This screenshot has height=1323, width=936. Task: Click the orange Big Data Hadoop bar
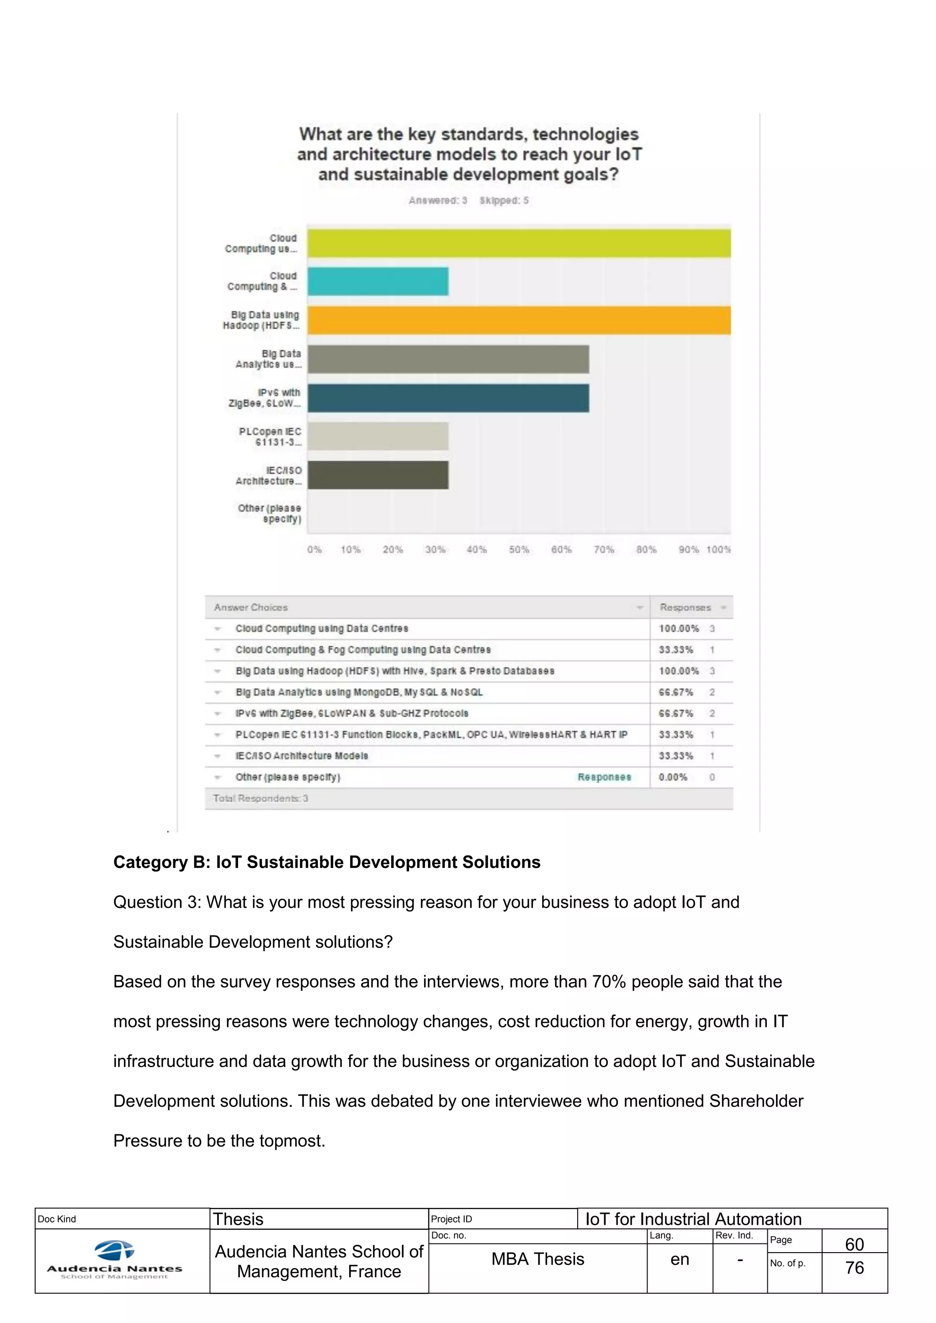[x=519, y=320]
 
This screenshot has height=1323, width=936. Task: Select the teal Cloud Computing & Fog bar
[x=378, y=281]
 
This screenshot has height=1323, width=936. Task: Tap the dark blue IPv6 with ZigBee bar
[x=448, y=398]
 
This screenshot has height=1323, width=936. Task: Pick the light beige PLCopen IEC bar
[x=378, y=436]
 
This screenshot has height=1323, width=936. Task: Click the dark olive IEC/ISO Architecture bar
[x=378, y=475]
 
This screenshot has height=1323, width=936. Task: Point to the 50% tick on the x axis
[x=519, y=550]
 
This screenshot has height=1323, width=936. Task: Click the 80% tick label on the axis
[x=646, y=550]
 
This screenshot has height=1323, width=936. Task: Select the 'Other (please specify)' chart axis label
[x=269, y=513]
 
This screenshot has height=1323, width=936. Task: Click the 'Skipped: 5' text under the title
[x=504, y=201]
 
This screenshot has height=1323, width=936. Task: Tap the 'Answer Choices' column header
[x=251, y=607]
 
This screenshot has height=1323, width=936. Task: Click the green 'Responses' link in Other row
[x=604, y=778]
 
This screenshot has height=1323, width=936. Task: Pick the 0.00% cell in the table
[x=673, y=778]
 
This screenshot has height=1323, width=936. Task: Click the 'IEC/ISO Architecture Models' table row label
[x=302, y=756]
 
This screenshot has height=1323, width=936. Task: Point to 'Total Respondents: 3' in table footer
[x=261, y=799]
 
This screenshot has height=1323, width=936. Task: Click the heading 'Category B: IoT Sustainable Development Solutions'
[x=327, y=862]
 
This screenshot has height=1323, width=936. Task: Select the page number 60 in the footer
[x=854, y=1244]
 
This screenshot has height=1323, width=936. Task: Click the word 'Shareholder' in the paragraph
[x=755, y=1101]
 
